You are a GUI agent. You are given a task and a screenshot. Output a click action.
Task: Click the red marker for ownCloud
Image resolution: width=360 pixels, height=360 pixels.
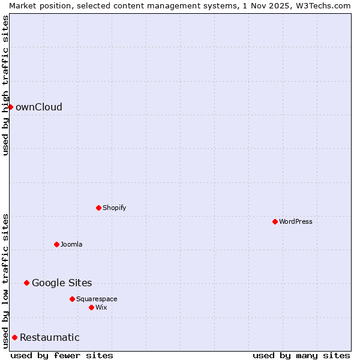(x=10, y=107)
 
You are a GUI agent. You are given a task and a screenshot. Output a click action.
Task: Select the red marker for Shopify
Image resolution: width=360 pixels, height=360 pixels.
(x=98, y=208)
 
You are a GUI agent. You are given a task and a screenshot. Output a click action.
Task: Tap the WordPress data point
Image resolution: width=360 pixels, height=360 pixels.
(x=275, y=221)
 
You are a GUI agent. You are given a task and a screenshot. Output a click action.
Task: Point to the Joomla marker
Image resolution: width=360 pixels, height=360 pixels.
(x=56, y=244)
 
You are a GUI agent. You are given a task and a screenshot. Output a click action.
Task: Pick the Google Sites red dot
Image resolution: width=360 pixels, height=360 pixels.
(x=26, y=283)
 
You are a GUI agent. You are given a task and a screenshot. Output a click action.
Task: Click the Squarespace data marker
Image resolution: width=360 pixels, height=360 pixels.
(x=72, y=299)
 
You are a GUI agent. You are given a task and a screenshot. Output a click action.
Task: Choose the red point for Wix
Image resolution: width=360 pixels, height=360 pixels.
(x=91, y=307)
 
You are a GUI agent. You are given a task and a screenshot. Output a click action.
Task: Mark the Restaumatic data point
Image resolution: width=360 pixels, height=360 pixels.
(x=14, y=337)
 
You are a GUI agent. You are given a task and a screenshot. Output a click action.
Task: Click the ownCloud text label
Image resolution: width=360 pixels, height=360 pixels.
(x=39, y=107)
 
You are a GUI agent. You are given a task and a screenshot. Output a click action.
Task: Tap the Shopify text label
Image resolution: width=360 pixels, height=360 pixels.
(x=114, y=208)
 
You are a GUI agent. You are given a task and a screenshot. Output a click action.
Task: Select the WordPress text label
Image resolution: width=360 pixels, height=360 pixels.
(x=295, y=222)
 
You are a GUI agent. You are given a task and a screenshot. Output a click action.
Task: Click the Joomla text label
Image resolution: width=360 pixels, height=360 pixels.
(x=71, y=245)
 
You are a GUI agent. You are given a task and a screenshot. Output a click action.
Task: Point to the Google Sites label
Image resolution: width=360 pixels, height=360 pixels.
(x=62, y=283)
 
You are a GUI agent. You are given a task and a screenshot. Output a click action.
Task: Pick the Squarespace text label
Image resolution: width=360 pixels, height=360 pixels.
(x=97, y=299)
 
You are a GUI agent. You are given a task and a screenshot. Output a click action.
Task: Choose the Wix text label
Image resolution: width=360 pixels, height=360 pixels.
(x=101, y=308)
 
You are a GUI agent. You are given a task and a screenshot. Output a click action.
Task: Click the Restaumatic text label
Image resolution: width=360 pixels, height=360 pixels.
(x=50, y=338)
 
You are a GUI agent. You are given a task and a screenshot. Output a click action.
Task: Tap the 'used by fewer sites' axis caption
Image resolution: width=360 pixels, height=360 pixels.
(x=62, y=355)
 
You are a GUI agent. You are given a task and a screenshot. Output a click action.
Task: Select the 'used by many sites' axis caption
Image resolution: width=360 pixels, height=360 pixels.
(x=301, y=355)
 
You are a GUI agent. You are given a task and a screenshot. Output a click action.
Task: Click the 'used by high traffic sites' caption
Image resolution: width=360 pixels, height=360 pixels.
(x=5, y=85)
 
